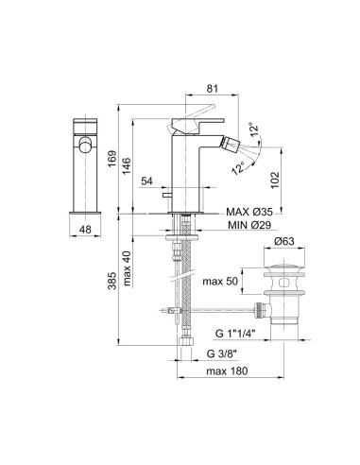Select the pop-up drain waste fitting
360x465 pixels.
click(282, 293)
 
